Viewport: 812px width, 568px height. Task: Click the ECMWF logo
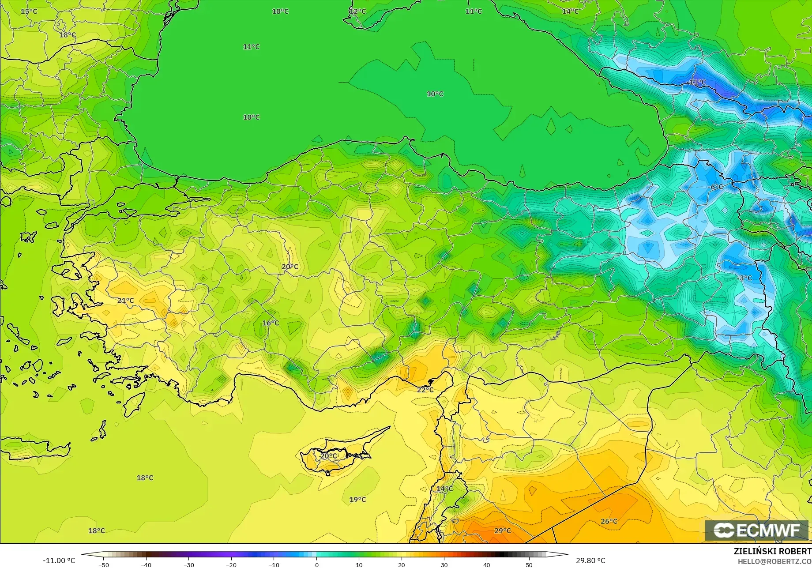pyautogui.click(x=756, y=530)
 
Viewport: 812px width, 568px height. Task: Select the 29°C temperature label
pyautogui.click(x=503, y=530)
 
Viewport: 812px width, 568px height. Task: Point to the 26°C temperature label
pyautogui.click(x=609, y=521)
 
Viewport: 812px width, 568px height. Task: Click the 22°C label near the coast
pyautogui.click(x=425, y=390)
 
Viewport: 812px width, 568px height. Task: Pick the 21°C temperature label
pyautogui.click(x=126, y=301)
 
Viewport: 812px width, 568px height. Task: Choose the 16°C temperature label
pyautogui.click(x=271, y=323)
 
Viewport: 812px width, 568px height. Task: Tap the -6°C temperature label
pyautogui.click(x=715, y=187)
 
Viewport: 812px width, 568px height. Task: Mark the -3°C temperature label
pyautogui.click(x=744, y=278)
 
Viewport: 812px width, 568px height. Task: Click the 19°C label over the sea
pyautogui.click(x=358, y=500)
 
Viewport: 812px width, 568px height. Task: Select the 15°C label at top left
pyautogui.click(x=29, y=11)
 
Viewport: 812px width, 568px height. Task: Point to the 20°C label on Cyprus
pyautogui.click(x=329, y=456)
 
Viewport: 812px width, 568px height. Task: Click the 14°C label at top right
pyautogui.click(x=570, y=11)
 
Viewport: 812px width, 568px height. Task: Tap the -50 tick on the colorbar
pyautogui.click(x=104, y=564)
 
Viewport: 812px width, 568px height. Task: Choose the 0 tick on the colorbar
pyautogui.click(x=316, y=564)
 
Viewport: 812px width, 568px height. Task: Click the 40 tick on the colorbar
pyautogui.click(x=486, y=564)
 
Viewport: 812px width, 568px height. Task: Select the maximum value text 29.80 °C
pyautogui.click(x=590, y=560)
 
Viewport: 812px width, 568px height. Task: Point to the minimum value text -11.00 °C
pyautogui.click(x=59, y=560)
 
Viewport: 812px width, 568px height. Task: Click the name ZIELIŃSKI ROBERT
pyautogui.click(x=772, y=551)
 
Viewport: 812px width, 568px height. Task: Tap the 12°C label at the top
pyautogui.click(x=358, y=11)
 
